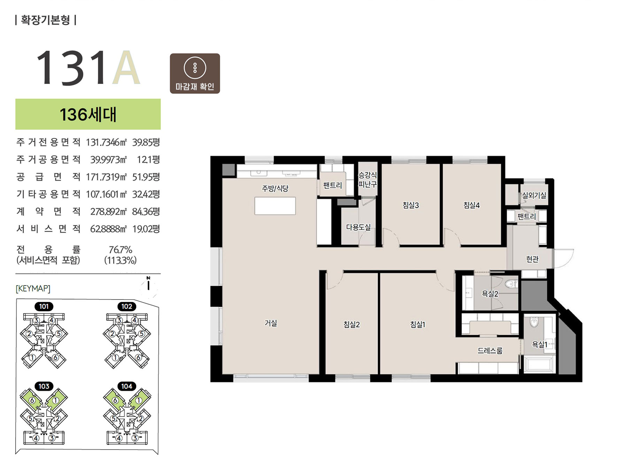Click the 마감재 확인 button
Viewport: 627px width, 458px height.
pos(195,73)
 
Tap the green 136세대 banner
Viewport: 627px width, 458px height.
pos(88,114)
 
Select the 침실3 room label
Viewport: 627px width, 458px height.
pos(411,205)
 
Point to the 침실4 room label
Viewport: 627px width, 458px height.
pos(471,205)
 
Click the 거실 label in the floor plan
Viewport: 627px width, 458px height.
pos(271,323)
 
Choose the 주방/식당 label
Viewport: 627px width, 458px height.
pos(275,188)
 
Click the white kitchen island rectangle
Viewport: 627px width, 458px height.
pos(275,206)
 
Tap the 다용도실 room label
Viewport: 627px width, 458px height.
pos(358,227)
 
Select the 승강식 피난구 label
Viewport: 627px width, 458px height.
pos(367,180)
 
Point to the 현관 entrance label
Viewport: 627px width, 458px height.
pos(532,259)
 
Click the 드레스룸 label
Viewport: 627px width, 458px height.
pos(490,351)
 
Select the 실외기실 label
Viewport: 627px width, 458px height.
pos(534,195)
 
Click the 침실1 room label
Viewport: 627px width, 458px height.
pos(418,325)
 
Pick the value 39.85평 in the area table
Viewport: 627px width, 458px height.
pos(146,142)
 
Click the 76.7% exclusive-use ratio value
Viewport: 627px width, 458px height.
pos(121,250)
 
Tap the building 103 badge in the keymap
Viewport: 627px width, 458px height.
pos(44,386)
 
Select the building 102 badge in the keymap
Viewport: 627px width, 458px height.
pos(127,306)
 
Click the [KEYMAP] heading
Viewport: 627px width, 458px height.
pos(33,288)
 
